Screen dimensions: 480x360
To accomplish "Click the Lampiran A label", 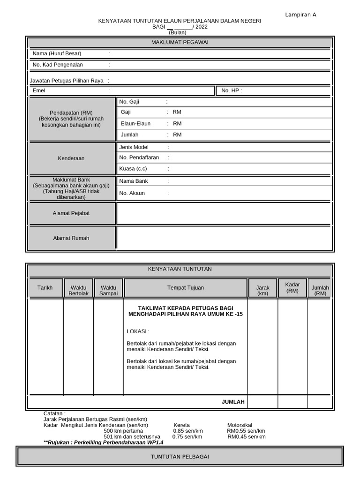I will (300, 15).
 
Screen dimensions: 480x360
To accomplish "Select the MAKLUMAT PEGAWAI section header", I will (180, 43).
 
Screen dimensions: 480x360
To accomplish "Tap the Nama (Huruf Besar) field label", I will (57, 53).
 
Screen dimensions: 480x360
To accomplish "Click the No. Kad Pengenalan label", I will (57, 65).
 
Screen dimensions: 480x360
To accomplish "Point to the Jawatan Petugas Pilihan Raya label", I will (67, 81).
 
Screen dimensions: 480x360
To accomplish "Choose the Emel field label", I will (39, 90).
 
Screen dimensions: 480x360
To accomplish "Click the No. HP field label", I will (231, 90).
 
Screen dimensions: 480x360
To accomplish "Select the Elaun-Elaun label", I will (135, 123).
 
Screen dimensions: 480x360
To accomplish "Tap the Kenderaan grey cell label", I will (71, 158).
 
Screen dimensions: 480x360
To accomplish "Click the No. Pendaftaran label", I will (139, 157).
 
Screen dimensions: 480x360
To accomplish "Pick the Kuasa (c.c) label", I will (133, 169).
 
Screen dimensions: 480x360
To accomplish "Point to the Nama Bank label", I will (134, 181).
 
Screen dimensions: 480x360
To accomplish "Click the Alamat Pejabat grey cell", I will (71, 213).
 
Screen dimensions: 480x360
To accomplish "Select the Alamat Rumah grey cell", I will (71, 238).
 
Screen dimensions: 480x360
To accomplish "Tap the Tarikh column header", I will (45, 287).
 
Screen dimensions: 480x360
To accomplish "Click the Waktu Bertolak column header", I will (78, 290).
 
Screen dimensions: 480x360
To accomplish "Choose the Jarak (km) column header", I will (262, 290).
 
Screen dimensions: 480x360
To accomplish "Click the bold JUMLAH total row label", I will (233, 402).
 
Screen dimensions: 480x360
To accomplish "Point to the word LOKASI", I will (137, 331).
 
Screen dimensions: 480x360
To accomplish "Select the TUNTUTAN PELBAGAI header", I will (180, 457).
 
